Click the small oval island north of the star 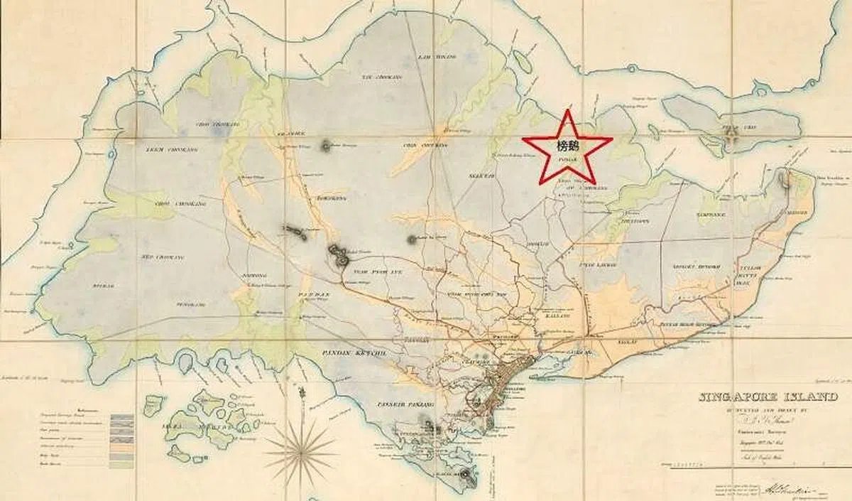tap(523, 61)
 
